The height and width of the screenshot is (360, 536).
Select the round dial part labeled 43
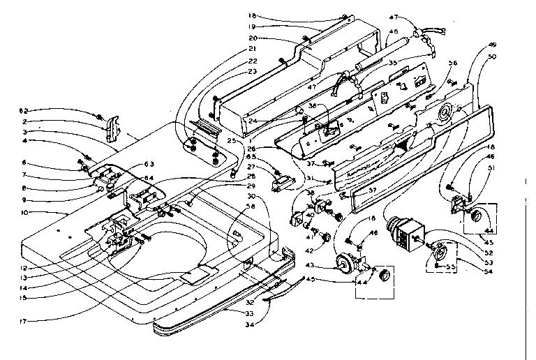tap(343, 264)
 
